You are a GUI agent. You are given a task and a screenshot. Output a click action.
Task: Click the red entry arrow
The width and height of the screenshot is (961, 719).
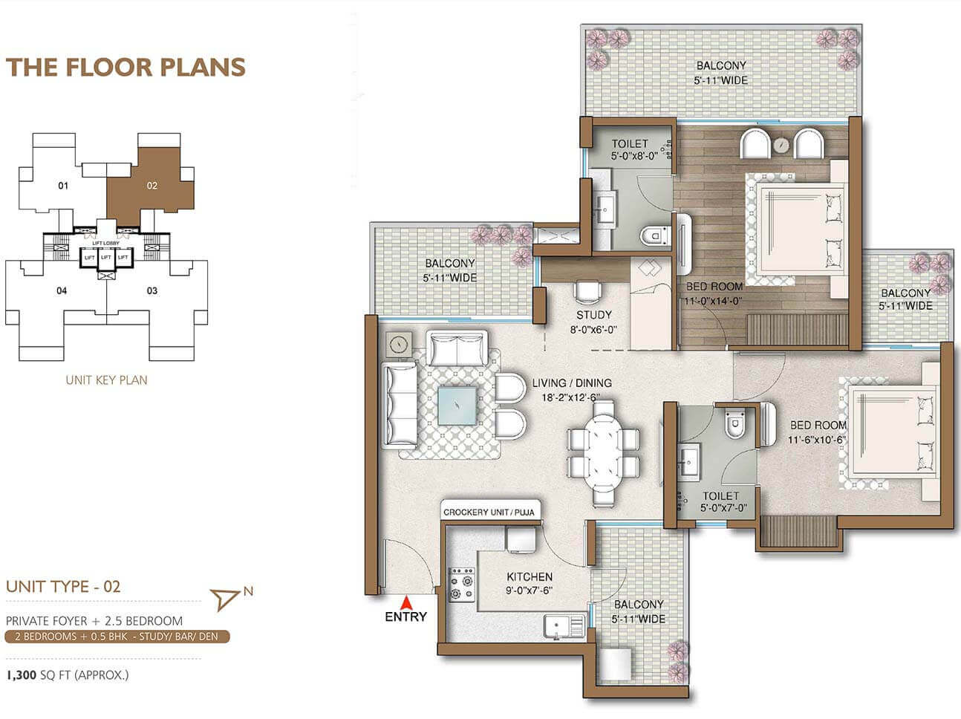pos(407,602)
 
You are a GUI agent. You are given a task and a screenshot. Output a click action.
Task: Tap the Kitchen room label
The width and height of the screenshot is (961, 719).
pos(530,576)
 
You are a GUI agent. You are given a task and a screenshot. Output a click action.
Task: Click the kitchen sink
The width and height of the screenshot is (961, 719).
pos(564,627)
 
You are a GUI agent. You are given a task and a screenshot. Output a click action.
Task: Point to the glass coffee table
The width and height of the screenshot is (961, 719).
pos(457,406)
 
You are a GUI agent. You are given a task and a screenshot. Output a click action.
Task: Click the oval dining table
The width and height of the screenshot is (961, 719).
pos(603,453)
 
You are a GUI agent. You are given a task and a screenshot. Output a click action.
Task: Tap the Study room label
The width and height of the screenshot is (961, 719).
pos(593,315)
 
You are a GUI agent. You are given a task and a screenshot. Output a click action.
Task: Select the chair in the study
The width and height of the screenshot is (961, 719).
pos(588,291)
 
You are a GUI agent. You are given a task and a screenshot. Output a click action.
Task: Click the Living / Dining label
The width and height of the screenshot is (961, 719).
pos(572,383)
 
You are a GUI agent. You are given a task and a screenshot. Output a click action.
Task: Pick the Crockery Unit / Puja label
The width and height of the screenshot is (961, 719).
pos(489,512)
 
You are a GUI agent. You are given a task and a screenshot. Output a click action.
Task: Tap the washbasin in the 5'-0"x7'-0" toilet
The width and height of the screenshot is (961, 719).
pos(689,463)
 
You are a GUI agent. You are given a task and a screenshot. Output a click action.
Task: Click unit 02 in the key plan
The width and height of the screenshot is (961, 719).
pos(152,186)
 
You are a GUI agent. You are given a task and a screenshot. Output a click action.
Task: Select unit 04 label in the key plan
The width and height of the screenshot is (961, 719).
pos(62,290)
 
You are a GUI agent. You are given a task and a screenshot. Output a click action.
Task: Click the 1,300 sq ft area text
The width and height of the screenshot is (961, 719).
pos(68,674)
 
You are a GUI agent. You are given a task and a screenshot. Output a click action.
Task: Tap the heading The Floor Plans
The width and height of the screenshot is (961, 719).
pos(126,67)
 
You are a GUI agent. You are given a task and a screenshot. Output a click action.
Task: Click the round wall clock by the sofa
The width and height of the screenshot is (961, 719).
pos(398,344)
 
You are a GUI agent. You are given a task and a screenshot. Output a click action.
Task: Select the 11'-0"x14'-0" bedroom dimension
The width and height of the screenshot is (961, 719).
pos(713,302)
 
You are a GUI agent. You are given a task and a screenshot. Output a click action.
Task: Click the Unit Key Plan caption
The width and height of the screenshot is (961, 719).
pos(106,380)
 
